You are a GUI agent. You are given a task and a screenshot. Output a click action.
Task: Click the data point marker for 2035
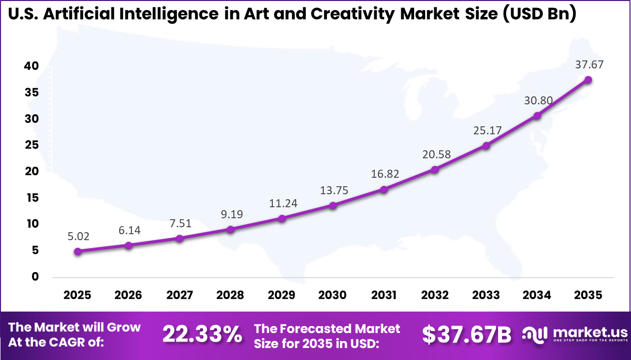tap(588, 80)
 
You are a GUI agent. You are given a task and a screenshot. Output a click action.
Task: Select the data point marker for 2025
tap(77, 252)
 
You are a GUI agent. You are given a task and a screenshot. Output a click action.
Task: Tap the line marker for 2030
tap(333, 205)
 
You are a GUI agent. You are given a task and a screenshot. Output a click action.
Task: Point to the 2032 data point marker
tap(435, 170)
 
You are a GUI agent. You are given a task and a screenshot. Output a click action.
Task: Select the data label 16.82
tap(384, 173)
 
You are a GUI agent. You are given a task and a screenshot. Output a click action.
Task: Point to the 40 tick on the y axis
tap(30, 66)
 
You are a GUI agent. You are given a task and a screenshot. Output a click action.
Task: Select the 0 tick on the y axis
tap(34, 277)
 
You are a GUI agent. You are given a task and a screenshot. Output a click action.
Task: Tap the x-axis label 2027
tap(179, 295)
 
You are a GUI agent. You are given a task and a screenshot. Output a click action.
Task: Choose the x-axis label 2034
tap(537, 295)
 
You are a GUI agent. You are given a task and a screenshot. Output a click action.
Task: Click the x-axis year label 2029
tap(281, 295)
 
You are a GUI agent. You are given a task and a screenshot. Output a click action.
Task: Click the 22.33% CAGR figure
tap(202, 335)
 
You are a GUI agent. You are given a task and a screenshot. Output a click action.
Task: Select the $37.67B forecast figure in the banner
tap(467, 335)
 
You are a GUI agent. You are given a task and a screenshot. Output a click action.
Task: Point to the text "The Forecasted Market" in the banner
tap(327, 328)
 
